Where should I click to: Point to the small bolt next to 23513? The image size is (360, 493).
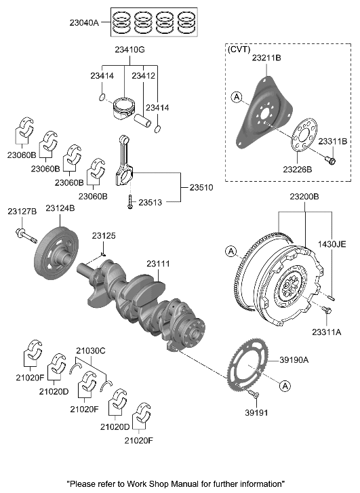(128, 201)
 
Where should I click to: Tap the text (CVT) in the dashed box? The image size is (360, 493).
(240, 50)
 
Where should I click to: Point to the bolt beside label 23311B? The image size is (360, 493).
(330, 160)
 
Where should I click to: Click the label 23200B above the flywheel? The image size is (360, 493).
(304, 196)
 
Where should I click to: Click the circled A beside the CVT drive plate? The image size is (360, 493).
(236, 98)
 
